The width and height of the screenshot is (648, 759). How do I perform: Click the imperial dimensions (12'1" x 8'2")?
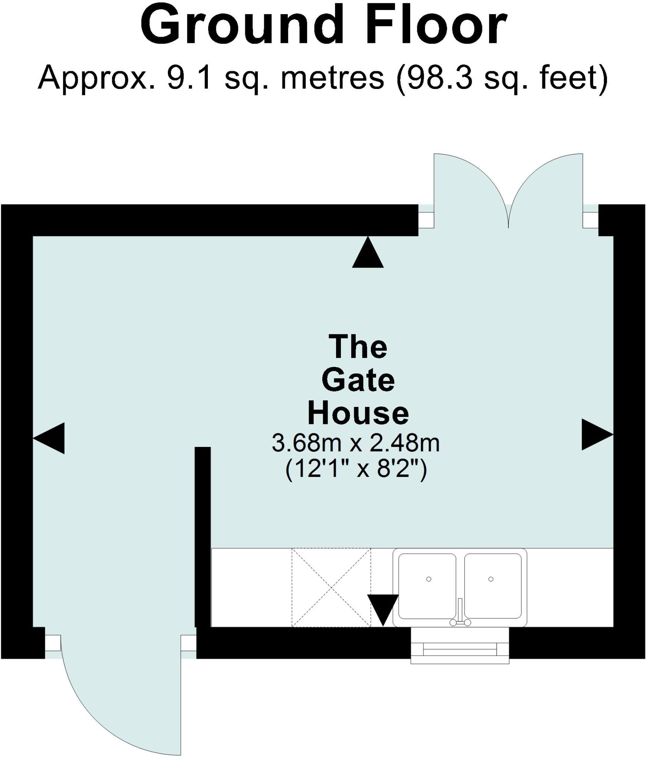356,470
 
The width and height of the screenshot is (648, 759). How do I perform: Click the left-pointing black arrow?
49,438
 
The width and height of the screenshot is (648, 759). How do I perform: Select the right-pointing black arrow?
597,434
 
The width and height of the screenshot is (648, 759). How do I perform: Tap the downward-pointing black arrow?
383,610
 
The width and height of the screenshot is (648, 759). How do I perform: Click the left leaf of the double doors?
471,190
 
